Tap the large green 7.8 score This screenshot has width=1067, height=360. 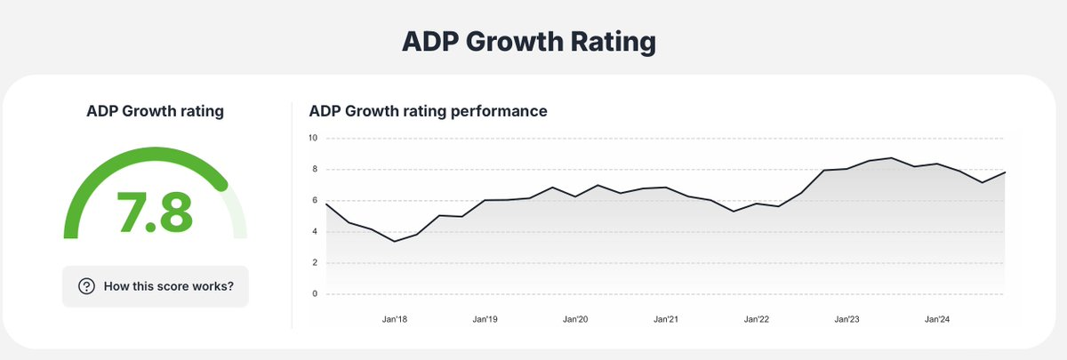pyautogui.click(x=155, y=211)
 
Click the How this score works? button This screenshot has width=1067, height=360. pyautogui.click(x=156, y=286)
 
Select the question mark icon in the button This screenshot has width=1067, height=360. pyautogui.click(x=87, y=286)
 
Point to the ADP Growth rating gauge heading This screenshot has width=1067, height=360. pyautogui.click(x=155, y=112)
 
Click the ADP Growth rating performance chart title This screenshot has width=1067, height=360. pyautogui.click(x=428, y=112)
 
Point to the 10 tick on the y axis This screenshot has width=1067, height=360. pyautogui.click(x=313, y=138)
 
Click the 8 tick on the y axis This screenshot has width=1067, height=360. pyautogui.click(x=315, y=169)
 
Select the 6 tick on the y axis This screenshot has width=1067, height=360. pyautogui.click(x=315, y=200)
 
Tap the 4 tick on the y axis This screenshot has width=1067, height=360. pyautogui.click(x=315, y=231)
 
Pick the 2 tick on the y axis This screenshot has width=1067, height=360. pyautogui.click(x=315, y=262)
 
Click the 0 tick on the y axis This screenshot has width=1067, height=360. pyautogui.click(x=315, y=293)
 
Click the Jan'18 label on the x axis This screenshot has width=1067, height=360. pyautogui.click(x=394, y=318)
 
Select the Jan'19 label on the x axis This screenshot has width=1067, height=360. pyautogui.click(x=485, y=318)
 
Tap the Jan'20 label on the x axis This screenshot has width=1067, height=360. pyautogui.click(x=575, y=318)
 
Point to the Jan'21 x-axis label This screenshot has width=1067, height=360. pyautogui.click(x=666, y=318)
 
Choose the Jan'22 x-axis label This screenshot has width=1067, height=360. pyautogui.click(x=757, y=318)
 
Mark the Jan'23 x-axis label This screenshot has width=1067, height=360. pyautogui.click(x=846, y=318)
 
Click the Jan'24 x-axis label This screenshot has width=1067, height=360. pyautogui.click(x=937, y=318)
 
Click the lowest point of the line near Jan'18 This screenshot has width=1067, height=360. pyautogui.click(x=394, y=241)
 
